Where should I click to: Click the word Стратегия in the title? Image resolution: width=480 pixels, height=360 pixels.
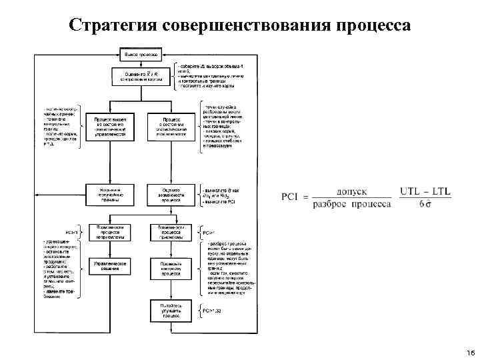pos(113,25)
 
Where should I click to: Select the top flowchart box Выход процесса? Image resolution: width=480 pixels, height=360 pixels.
pos(139,53)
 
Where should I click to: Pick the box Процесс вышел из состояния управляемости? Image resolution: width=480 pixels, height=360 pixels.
pos(109,125)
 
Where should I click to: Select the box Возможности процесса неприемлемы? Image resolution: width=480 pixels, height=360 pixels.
pos(109,231)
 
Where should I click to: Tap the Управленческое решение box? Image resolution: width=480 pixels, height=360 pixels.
pos(109,267)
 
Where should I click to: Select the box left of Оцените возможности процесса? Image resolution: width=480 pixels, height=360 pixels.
pos(109,193)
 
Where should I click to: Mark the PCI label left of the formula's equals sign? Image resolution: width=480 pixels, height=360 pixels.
pos(291,197)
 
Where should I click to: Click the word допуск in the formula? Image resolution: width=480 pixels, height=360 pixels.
pos(352,191)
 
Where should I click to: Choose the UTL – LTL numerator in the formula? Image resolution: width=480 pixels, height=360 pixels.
pos(425,191)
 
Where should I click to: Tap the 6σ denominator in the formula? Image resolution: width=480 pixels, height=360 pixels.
pos(425,203)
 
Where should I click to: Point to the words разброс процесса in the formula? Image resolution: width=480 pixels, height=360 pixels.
pos(351,203)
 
